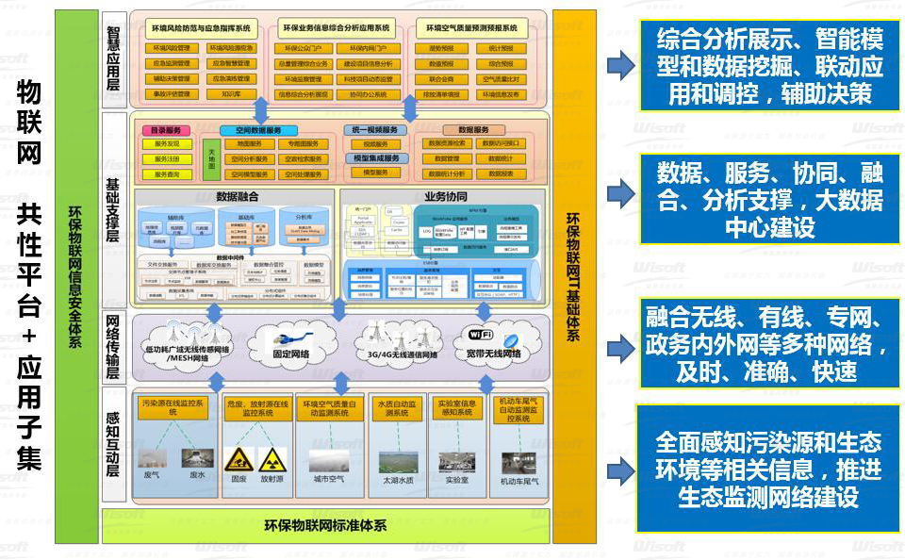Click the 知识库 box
pos(231,94)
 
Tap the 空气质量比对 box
pos(500,79)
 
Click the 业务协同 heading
pos(445,197)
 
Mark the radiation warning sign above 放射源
pos(271,460)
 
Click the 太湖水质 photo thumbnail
pos(399,461)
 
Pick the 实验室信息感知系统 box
pos(457,407)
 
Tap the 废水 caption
pos(196,475)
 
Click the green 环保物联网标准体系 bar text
pos(324,525)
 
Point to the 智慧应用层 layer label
pos(113,57)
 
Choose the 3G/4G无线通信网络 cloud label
pos(396,354)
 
